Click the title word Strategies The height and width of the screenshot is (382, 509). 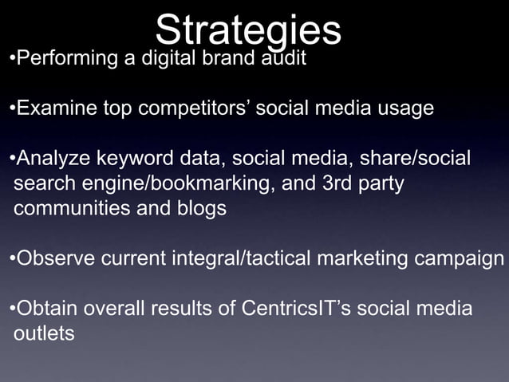[x=248, y=31]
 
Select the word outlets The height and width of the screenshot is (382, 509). [x=44, y=333]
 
